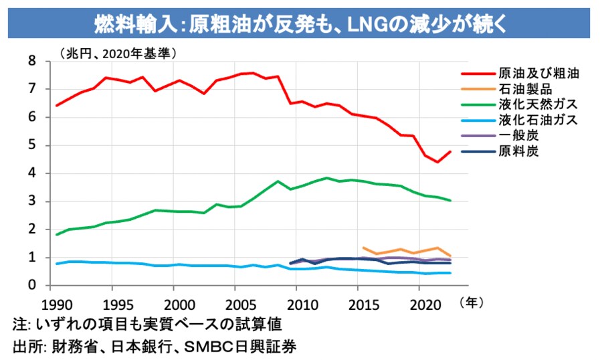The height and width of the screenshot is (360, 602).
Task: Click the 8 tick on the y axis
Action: pyautogui.click(x=31, y=61)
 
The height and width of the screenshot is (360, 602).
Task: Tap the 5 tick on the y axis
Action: pyautogui.click(x=31, y=145)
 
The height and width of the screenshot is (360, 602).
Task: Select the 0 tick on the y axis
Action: pyautogui.click(x=31, y=286)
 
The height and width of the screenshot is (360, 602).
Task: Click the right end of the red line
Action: pyautogui.click(x=451, y=151)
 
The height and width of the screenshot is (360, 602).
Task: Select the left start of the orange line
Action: pyautogui.click(x=363, y=248)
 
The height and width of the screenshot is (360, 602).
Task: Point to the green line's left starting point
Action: pyautogui.click(x=57, y=235)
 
